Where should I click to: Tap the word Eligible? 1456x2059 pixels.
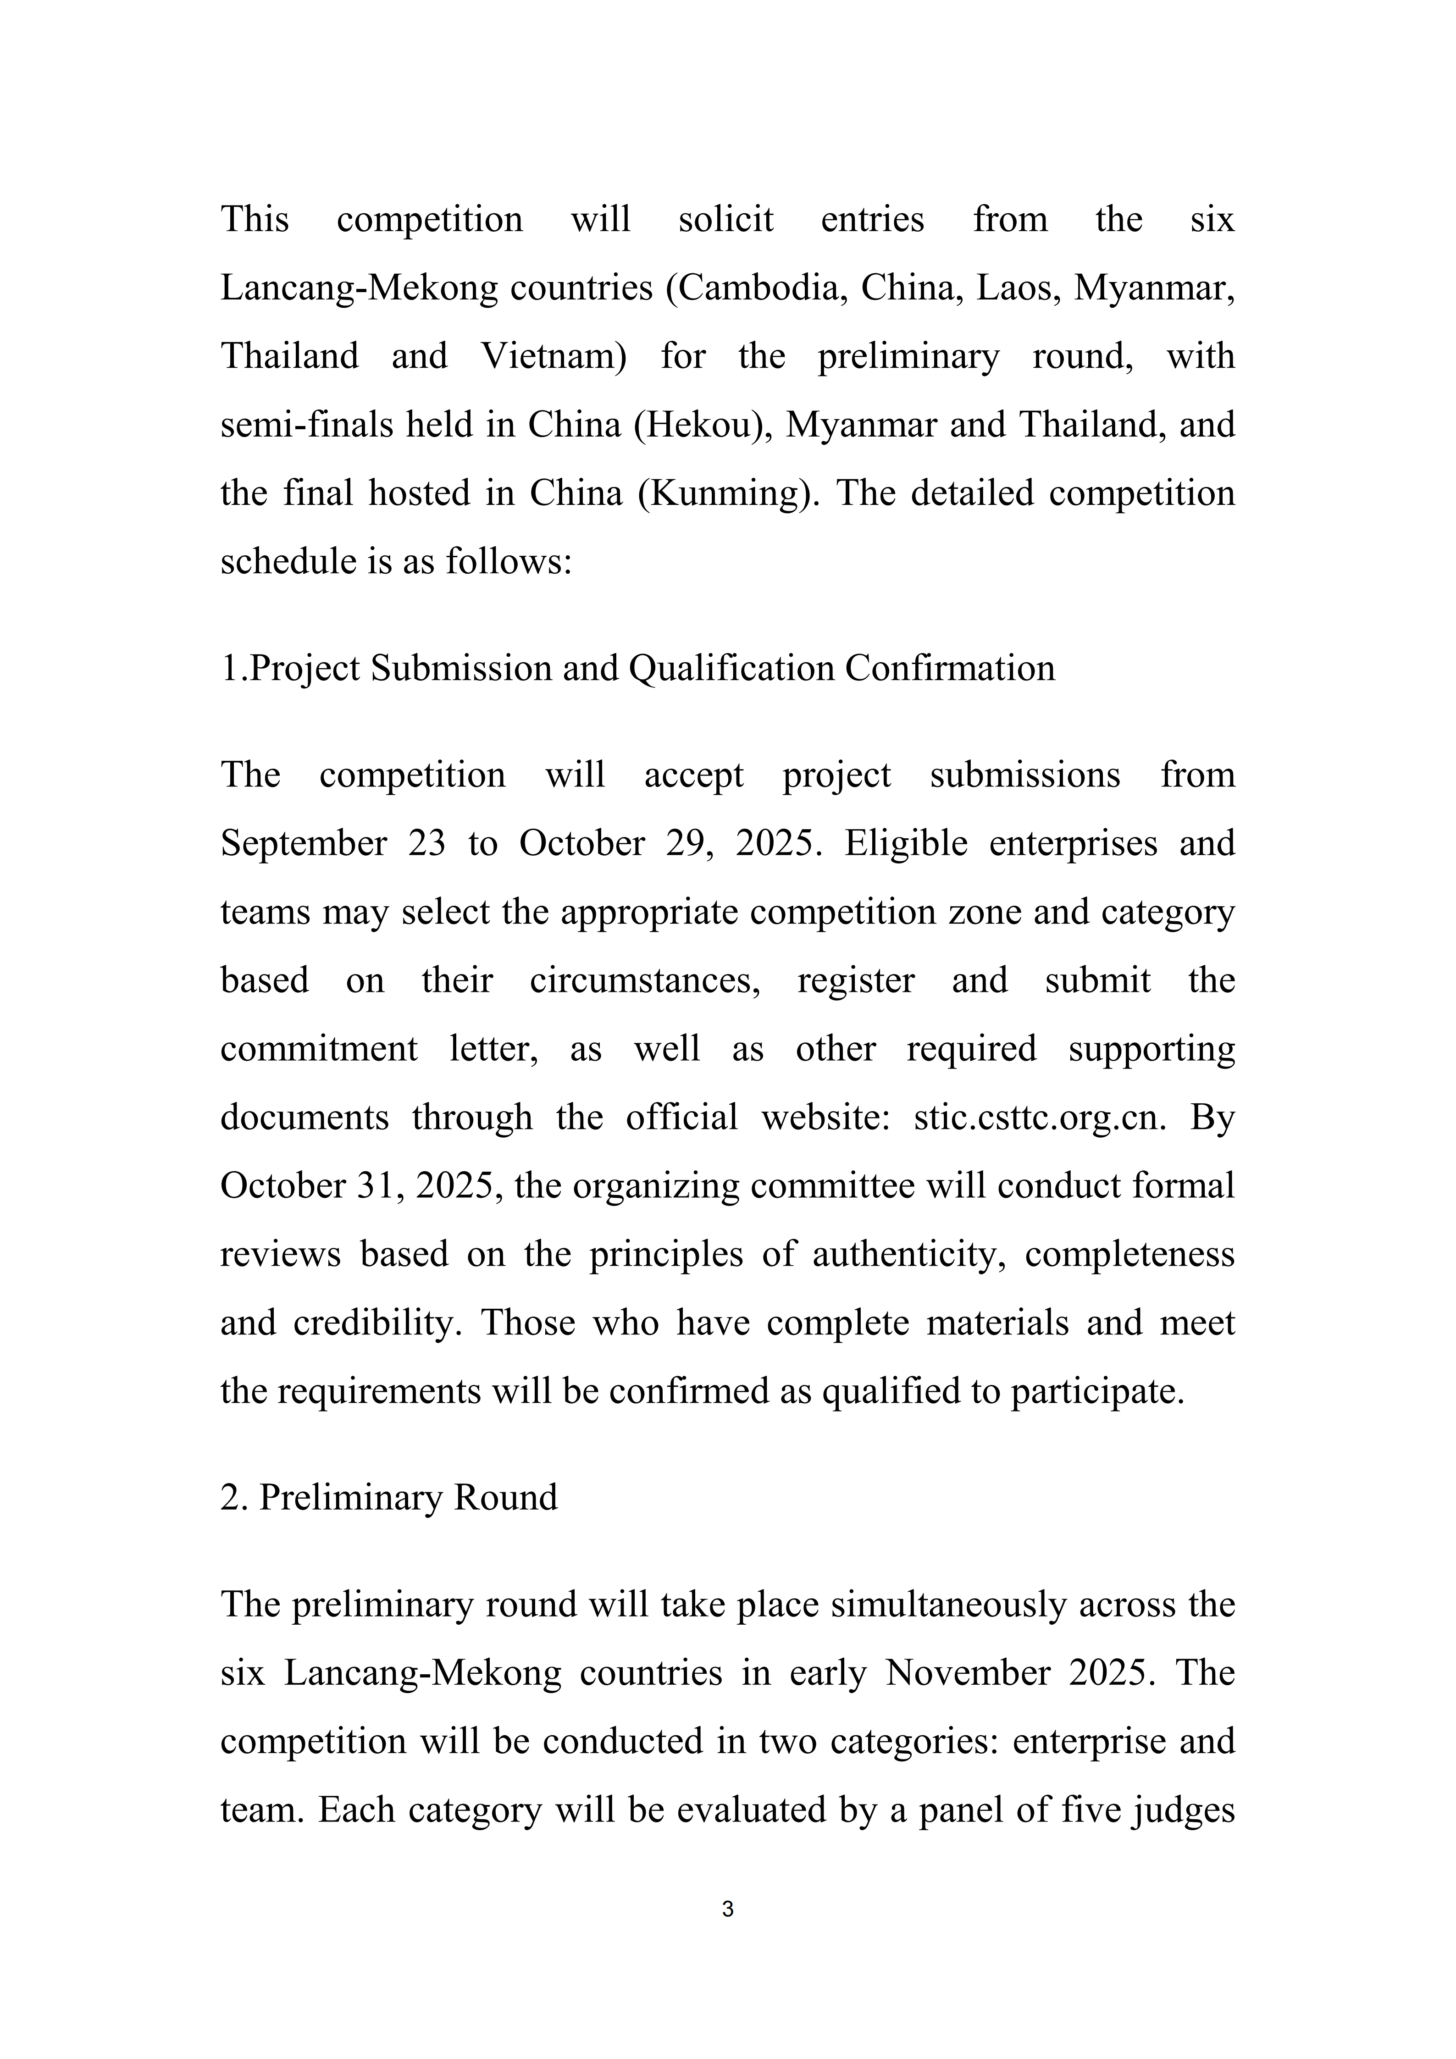[906, 844]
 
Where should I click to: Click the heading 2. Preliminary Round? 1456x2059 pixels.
[389, 1498]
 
